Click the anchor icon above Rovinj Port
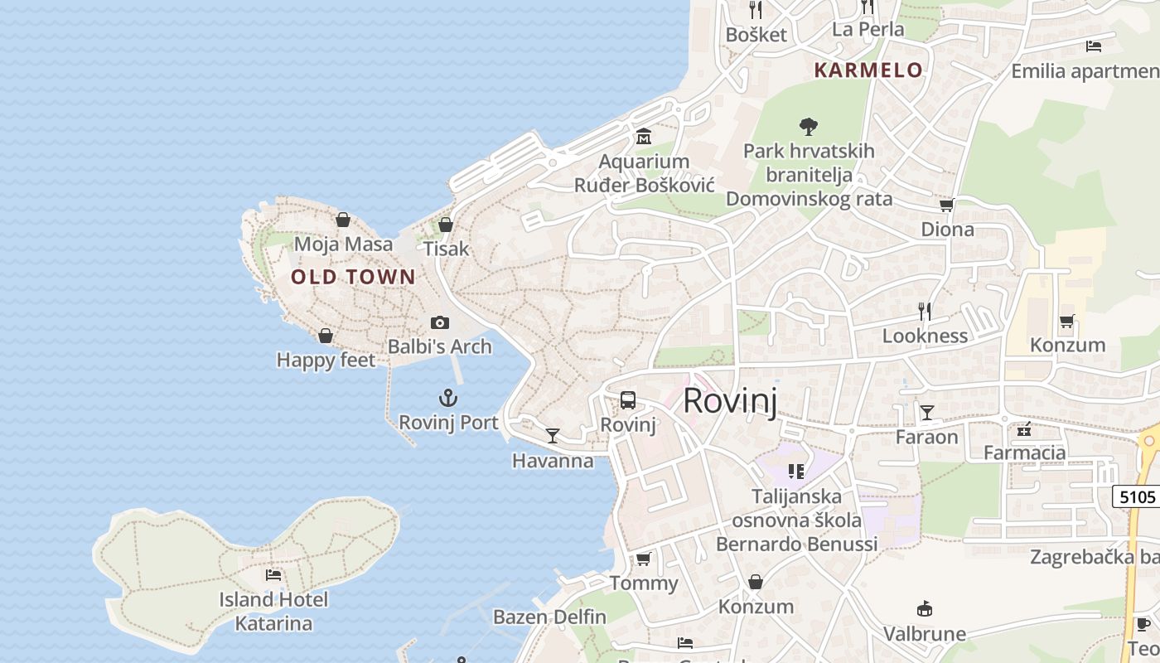coord(448,399)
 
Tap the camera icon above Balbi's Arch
coord(440,322)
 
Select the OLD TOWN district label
coord(353,277)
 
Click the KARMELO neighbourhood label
coord(868,70)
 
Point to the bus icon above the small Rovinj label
coord(628,400)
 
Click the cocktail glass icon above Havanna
coord(553,435)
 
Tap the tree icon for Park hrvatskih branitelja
coord(809,127)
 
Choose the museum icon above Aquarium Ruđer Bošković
coord(644,136)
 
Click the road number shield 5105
coord(1137,497)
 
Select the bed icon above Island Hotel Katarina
coord(273,574)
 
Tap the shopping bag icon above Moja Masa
coord(343,220)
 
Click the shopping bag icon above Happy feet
coord(326,336)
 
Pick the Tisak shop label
coord(446,249)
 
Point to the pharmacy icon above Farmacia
coord(1024,428)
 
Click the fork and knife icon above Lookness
coord(925,312)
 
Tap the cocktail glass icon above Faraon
coord(926,412)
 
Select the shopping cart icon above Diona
coord(947,205)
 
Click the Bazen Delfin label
coord(549,617)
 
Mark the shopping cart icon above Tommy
coord(644,559)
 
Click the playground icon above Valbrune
coord(925,609)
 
